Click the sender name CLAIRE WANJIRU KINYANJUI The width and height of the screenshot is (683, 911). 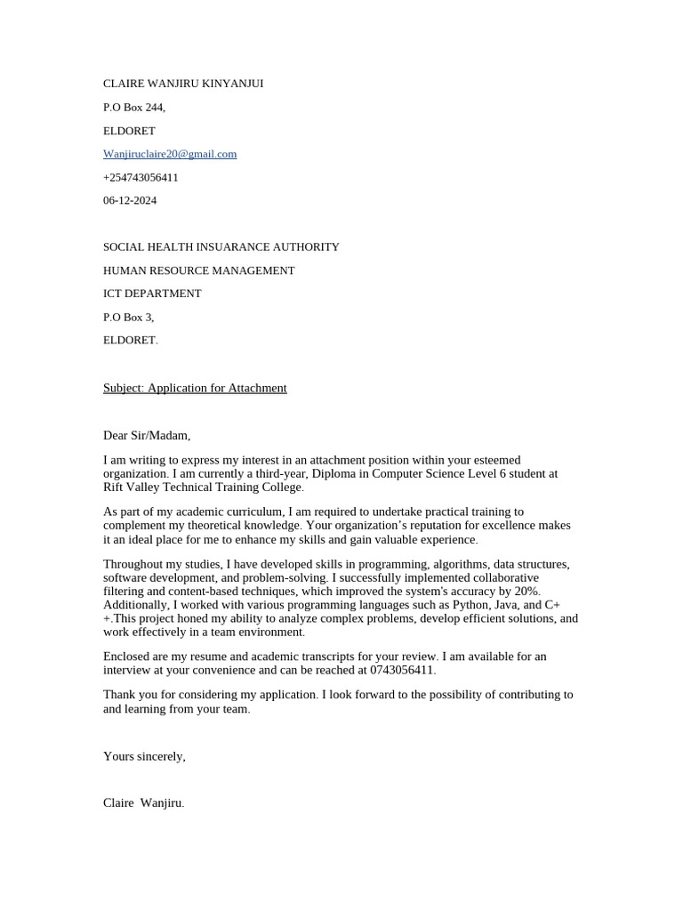(183, 84)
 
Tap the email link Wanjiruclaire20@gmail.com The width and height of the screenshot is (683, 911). (170, 154)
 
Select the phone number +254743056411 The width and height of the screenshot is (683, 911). (141, 177)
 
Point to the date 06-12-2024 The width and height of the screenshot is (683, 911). (130, 200)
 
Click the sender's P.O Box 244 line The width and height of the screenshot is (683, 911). (134, 107)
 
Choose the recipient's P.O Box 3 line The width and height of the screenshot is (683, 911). (129, 317)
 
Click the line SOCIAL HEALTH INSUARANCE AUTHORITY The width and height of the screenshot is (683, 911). (221, 246)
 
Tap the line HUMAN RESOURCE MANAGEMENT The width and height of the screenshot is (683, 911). (199, 270)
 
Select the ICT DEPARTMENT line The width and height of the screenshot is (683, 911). (152, 293)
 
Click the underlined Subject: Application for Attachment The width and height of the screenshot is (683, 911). (195, 388)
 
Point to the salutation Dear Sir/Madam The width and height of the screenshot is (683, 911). (147, 435)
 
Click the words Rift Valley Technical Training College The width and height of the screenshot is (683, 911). (203, 488)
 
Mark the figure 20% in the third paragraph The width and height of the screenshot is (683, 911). (526, 592)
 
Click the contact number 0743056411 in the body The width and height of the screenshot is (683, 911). (403, 670)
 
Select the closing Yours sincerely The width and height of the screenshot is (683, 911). (144, 756)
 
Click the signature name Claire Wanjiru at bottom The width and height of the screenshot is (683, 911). (143, 802)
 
